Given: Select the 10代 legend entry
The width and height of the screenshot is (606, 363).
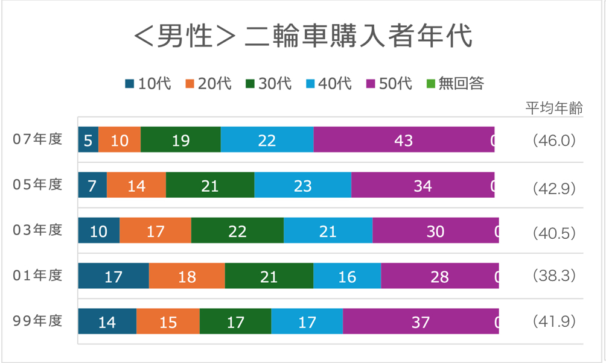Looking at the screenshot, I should coord(148,83).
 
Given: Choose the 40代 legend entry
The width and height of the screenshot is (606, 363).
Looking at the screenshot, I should coord(328,83).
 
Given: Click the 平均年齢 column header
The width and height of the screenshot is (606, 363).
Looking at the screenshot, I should coord(554,109).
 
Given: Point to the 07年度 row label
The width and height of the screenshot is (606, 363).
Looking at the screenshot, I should coord(38,139).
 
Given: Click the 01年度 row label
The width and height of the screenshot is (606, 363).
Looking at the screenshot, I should coord(38,276).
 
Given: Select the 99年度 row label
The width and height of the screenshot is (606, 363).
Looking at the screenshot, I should coord(38,321).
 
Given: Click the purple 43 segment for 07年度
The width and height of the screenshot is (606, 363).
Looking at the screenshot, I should coord(403,140).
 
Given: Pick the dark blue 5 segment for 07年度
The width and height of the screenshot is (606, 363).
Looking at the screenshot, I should coord(88,140).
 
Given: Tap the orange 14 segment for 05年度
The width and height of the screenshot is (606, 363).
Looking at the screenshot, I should coord(136,185).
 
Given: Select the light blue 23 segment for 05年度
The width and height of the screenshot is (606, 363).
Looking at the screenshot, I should coord(302,185).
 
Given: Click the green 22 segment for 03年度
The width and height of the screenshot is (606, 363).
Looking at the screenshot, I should coord(237,231).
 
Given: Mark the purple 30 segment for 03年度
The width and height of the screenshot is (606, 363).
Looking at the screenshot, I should coord(435,231).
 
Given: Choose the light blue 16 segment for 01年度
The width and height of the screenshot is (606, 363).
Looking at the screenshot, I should coord(347,276).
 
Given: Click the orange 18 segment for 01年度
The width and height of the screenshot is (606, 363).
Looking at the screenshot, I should coord(187,276).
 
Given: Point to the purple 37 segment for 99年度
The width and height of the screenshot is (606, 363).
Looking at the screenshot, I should coord(420,322).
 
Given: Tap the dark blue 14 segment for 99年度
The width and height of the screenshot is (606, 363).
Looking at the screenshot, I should coord(107,322).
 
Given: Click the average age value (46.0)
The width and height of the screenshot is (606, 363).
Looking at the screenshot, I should coord(554,140).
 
